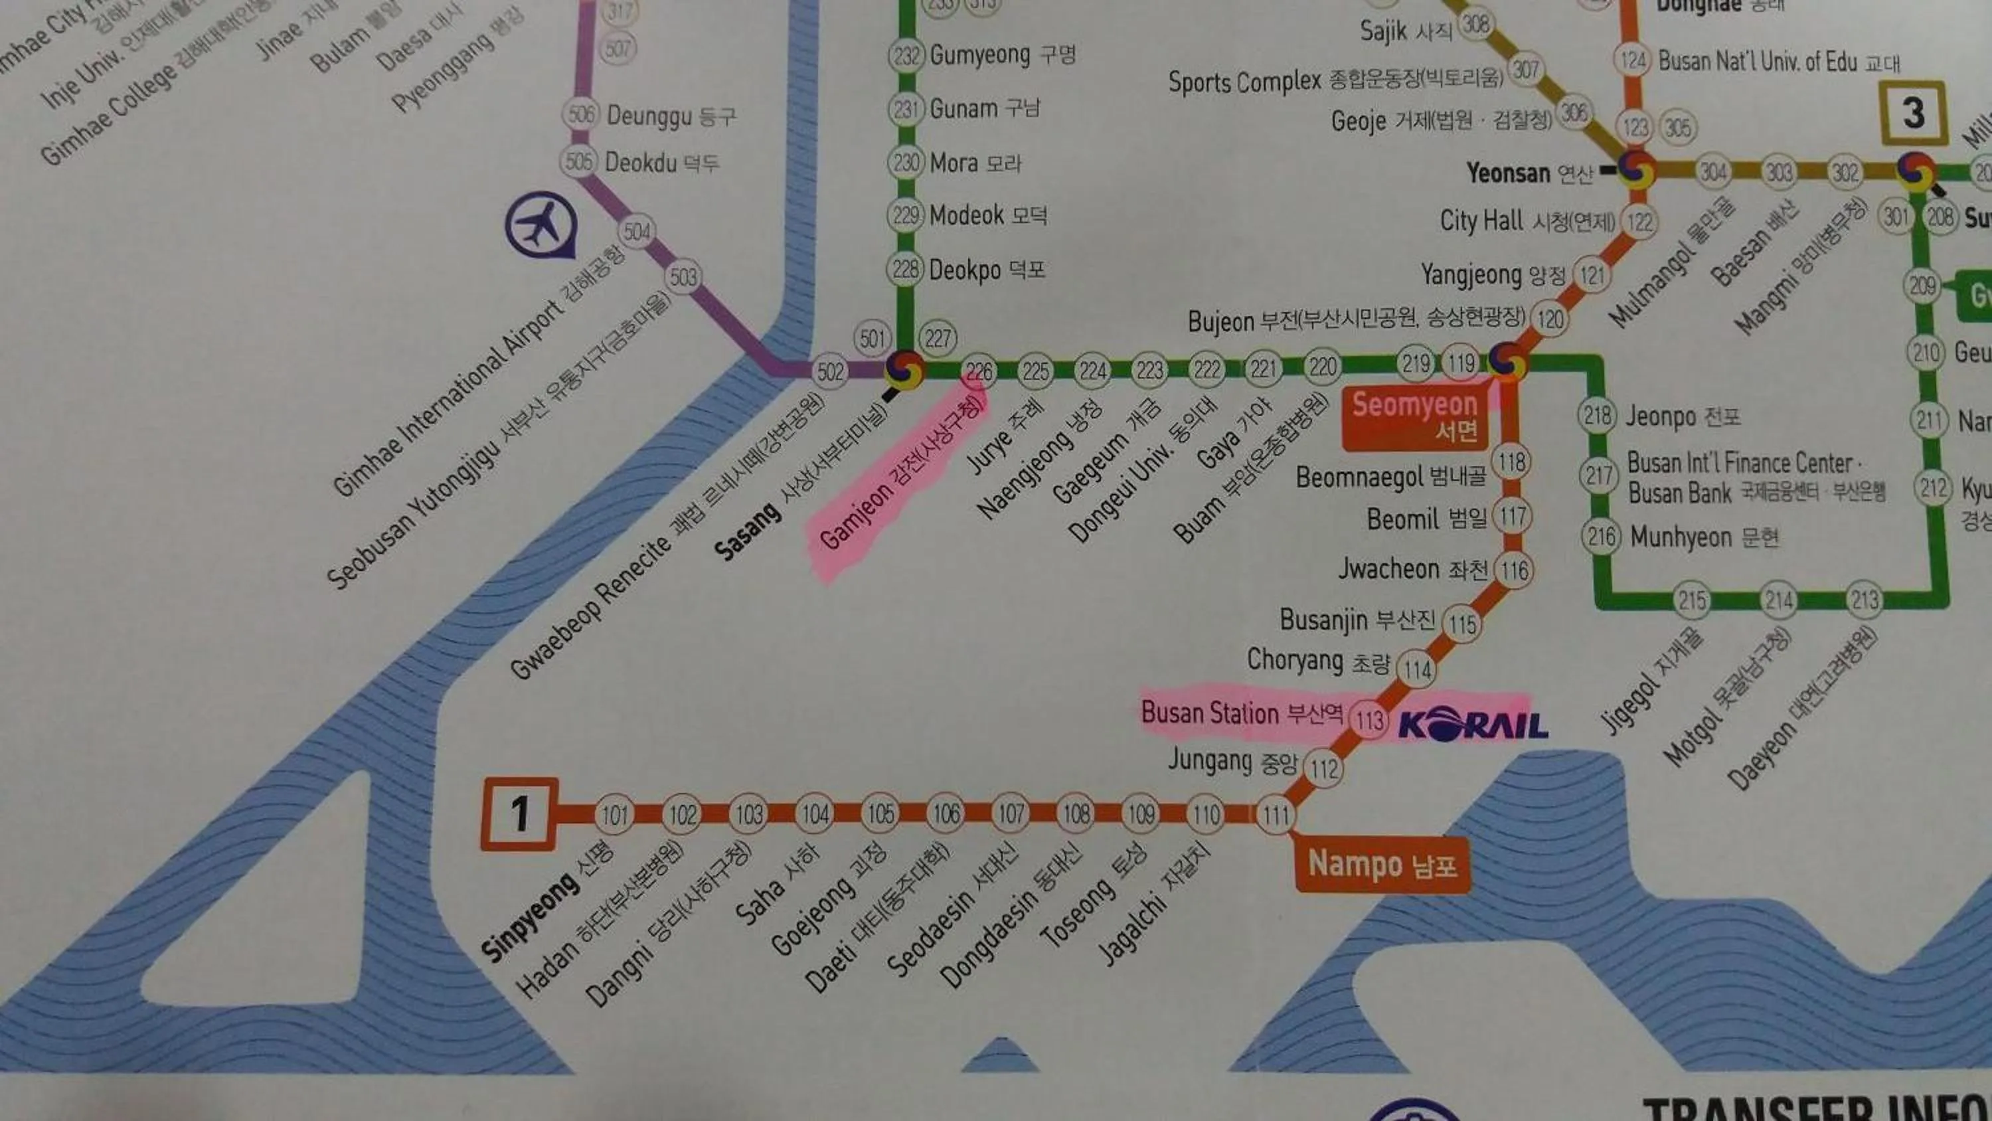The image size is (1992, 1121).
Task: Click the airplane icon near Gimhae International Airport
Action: (x=541, y=224)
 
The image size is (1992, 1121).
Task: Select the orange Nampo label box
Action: (x=1382, y=864)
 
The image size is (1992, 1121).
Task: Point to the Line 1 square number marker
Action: (x=519, y=814)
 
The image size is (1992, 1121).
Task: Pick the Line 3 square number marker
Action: (x=1913, y=113)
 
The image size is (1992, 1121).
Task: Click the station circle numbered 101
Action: (x=615, y=815)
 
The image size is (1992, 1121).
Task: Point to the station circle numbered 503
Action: (x=683, y=277)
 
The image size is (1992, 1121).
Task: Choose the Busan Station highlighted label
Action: (x=1241, y=713)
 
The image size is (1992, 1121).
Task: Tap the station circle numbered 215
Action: (x=1691, y=600)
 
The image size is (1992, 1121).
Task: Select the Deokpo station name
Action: (x=987, y=270)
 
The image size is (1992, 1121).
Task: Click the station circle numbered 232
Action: (x=906, y=56)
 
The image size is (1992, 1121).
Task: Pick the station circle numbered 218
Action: (x=1597, y=416)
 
